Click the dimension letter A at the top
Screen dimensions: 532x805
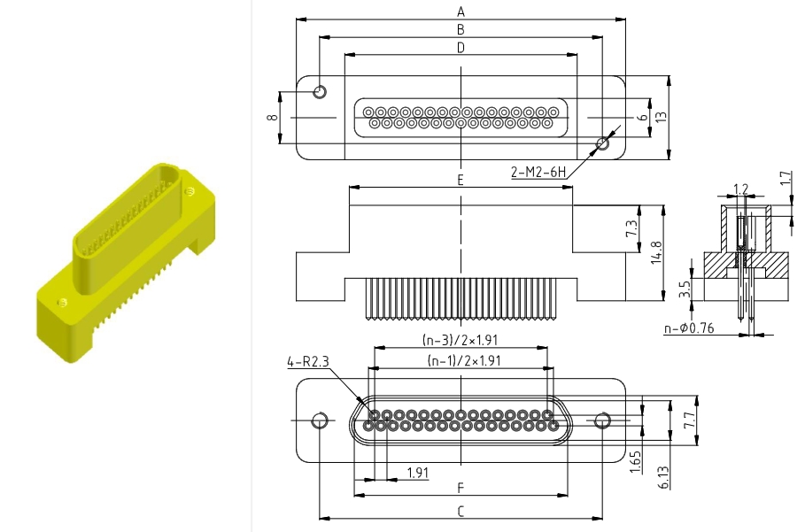(x=461, y=12)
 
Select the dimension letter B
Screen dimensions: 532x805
(x=461, y=30)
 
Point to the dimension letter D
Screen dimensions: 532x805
(x=461, y=48)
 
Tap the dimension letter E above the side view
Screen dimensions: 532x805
(x=461, y=180)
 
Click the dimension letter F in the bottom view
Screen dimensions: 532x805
(x=461, y=487)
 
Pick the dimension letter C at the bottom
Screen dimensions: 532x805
(x=461, y=511)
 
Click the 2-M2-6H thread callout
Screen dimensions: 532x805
(x=538, y=173)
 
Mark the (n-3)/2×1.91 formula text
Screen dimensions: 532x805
(x=460, y=340)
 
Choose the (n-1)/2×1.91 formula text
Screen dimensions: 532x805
(x=461, y=361)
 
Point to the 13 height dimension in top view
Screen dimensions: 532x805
(x=662, y=116)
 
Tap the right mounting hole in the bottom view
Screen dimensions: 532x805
(x=602, y=420)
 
